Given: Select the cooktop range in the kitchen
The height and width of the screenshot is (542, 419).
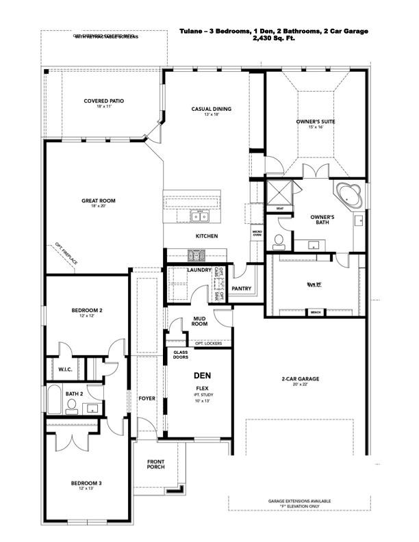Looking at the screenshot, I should (x=197, y=255).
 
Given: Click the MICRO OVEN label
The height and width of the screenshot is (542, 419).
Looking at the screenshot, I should (x=257, y=233).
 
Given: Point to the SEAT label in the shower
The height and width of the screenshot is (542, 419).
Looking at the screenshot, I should (x=279, y=209).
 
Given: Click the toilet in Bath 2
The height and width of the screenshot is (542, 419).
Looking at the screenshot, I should (x=72, y=405).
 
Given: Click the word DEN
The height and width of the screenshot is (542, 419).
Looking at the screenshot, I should (x=201, y=376).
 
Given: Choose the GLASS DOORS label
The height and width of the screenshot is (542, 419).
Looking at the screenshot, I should (x=180, y=354).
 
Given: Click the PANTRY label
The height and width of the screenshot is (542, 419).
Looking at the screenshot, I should (x=242, y=288).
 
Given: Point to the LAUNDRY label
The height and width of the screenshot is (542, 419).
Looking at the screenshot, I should (x=199, y=270).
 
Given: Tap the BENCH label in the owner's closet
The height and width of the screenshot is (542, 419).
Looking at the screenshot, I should (x=316, y=312).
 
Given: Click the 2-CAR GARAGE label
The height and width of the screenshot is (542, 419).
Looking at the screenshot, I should (x=300, y=378).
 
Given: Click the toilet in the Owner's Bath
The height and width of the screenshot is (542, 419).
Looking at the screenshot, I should (x=279, y=240).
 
